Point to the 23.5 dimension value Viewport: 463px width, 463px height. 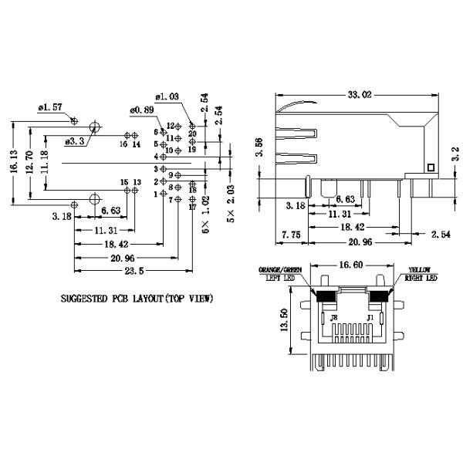[133, 271]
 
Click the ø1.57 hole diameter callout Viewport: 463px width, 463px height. [49, 109]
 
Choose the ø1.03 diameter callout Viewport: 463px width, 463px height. [167, 97]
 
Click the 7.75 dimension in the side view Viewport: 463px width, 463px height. [291, 234]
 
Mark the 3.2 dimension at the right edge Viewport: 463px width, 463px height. [456, 154]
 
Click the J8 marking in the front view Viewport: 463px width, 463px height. [333, 316]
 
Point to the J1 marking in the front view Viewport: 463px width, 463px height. [370, 316]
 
